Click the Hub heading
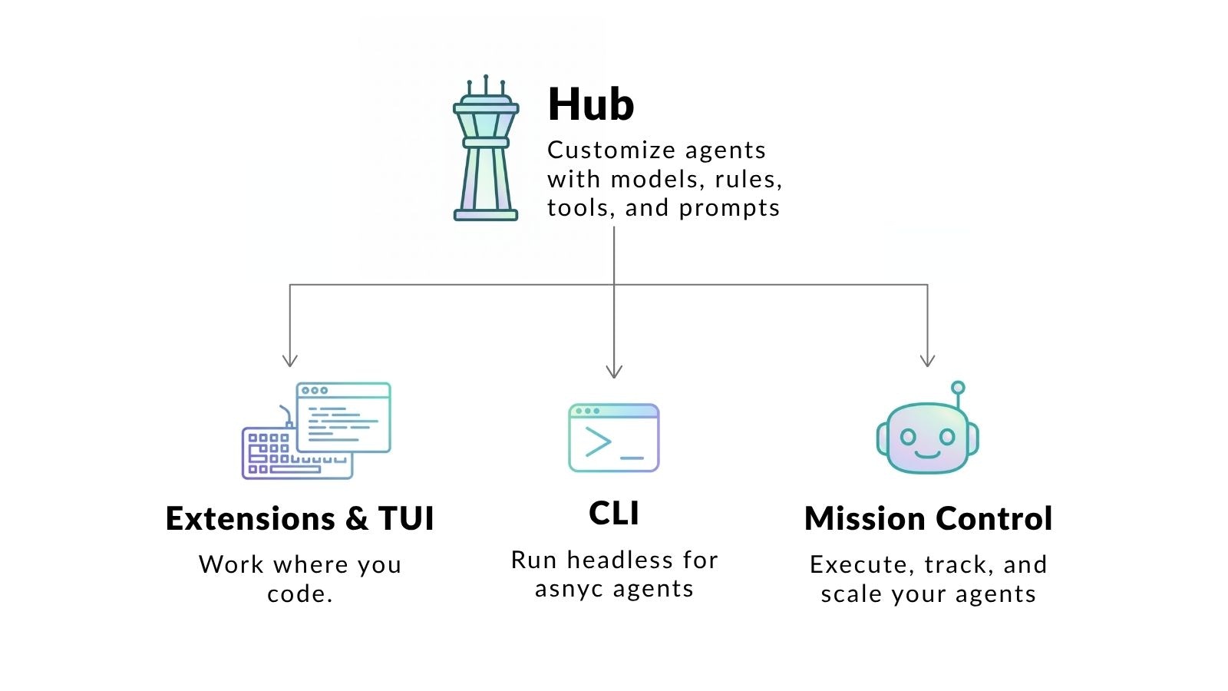(590, 104)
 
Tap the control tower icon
(486, 150)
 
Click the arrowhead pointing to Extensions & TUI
(289, 360)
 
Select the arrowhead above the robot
(927, 360)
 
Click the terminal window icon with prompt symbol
(614, 438)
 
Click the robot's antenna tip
(957, 388)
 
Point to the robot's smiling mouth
(927, 453)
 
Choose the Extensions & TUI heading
(299, 519)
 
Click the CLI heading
(614, 514)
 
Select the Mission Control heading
(928, 519)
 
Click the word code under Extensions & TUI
(296, 594)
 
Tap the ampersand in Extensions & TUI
(356, 519)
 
